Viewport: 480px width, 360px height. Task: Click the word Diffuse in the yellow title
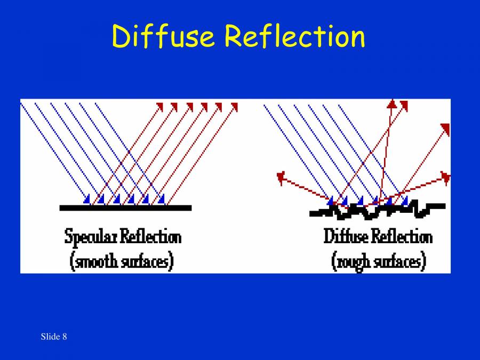tap(163, 36)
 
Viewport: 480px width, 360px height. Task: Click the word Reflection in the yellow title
tap(294, 36)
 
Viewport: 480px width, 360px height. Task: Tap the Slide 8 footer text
tap(53, 337)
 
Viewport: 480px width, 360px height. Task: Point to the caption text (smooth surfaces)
tap(122, 261)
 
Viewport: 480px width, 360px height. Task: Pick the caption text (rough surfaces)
tap(379, 261)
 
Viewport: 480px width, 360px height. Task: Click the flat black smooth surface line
tap(125, 207)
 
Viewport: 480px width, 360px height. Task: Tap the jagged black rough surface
tap(377, 211)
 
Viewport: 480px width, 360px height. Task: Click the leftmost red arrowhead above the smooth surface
tap(159, 106)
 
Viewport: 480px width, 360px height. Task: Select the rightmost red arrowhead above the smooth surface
tap(234, 106)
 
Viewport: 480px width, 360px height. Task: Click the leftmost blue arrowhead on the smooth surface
tap(87, 199)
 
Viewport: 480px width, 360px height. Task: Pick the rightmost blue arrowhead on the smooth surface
tap(162, 199)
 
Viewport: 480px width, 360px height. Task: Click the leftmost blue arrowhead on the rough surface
tap(331, 201)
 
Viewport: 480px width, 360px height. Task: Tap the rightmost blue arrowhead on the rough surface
tap(405, 201)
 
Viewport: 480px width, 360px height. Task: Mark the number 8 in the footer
tap(65, 337)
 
